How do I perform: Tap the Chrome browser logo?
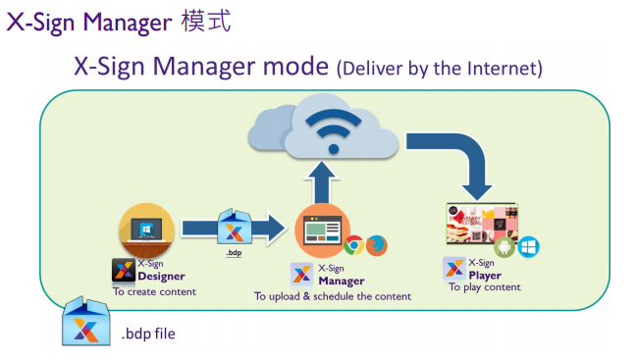353,245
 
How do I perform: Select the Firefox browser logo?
376,246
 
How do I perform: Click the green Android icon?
505,246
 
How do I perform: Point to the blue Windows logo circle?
528,246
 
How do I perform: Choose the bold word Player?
485,276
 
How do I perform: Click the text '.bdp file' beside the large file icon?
148,334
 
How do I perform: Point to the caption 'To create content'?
154,291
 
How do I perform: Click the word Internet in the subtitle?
496,70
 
